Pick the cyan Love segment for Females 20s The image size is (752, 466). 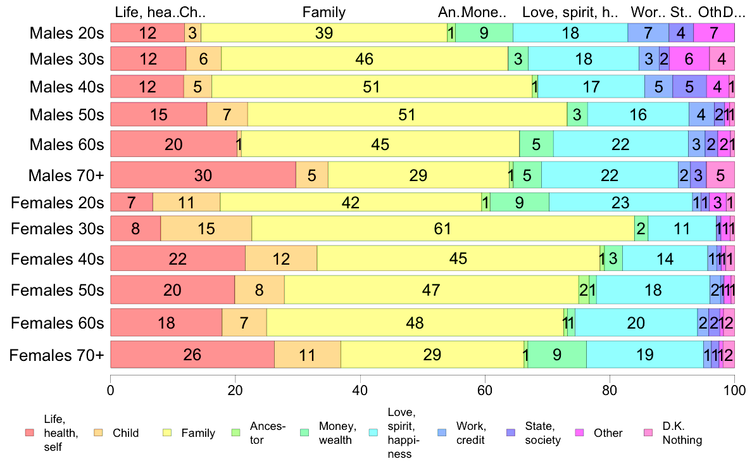tap(620, 203)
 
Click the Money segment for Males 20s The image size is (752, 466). tap(484, 33)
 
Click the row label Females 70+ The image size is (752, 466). tap(56, 355)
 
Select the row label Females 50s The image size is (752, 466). tap(57, 290)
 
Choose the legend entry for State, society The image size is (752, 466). tap(542, 433)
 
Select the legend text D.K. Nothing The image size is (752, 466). tap(682, 433)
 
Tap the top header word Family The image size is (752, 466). tap(324, 12)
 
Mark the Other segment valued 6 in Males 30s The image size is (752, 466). tap(689, 59)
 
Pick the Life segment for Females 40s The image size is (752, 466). tap(178, 258)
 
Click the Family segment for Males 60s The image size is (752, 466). tap(380, 144)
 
